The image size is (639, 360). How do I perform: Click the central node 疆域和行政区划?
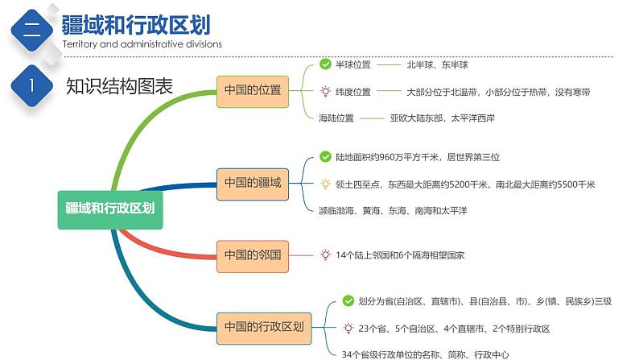click(x=109, y=207)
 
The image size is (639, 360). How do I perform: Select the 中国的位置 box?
click(x=253, y=90)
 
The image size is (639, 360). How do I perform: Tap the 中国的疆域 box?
click(x=253, y=183)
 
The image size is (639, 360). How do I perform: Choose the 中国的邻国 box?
click(x=253, y=254)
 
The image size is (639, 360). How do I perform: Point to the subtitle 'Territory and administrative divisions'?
click(x=142, y=44)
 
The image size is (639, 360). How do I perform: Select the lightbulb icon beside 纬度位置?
click(x=325, y=92)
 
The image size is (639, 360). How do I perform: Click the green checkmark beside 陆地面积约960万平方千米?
click(x=325, y=157)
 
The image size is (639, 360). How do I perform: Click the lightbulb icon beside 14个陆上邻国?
click(x=325, y=254)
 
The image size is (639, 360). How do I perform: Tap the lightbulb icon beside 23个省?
click(x=348, y=329)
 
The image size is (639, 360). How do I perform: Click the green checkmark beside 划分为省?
click(x=348, y=301)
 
